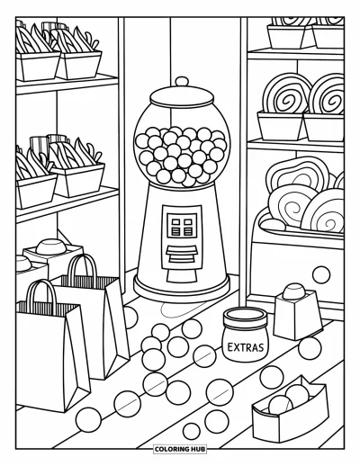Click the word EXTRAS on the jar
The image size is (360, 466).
246,347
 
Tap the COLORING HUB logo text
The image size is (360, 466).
180,449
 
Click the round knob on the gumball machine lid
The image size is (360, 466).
182,82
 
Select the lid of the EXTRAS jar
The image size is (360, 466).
245,318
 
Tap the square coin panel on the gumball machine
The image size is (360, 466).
182,225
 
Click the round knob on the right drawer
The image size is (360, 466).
321,274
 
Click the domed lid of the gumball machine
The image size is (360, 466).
182,96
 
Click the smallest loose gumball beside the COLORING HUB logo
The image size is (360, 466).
192,431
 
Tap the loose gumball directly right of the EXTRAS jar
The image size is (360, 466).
310,348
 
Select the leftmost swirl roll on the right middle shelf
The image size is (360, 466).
285,94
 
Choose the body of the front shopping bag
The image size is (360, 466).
51,357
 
